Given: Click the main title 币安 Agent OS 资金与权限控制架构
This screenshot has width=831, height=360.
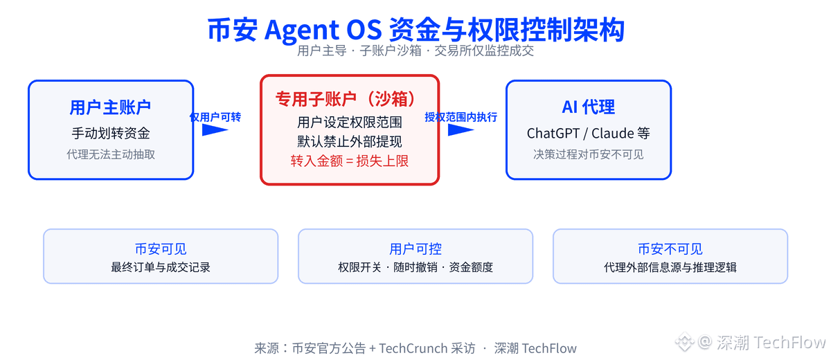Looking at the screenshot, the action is [x=416, y=29].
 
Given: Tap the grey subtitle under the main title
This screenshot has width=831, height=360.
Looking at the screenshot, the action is [x=415, y=51].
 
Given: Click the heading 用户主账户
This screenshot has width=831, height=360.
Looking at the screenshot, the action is [x=110, y=107].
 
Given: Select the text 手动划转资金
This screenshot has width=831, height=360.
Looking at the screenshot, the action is [x=111, y=133].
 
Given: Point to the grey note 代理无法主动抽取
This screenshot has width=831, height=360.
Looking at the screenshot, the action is [x=111, y=154].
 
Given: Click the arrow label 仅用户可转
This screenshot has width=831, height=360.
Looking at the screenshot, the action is [x=215, y=117].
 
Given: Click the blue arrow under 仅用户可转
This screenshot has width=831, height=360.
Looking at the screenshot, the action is [x=215, y=129].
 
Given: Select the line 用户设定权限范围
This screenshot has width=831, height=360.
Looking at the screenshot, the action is [x=350, y=122].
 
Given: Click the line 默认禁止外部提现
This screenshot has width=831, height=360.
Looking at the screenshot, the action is [x=350, y=141].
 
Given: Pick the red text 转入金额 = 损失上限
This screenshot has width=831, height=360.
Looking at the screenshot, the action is [x=350, y=161].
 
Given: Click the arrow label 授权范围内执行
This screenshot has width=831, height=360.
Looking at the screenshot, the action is [x=461, y=117].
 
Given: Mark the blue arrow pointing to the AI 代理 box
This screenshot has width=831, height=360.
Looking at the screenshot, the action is [x=461, y=129].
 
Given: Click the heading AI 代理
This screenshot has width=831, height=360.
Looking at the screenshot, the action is [x=589, y=107].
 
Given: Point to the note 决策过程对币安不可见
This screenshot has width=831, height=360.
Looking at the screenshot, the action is [x=589, y=154].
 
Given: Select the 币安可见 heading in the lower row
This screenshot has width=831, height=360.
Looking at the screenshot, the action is [x=161, y=249].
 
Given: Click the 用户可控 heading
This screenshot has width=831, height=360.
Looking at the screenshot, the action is [x=415, y=249].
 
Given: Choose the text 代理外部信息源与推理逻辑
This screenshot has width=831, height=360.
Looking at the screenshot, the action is [x=670, y=267].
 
